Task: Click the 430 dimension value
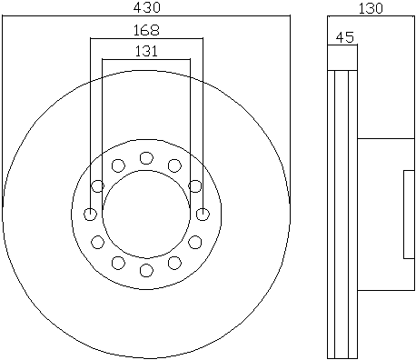pyautogui.click(x=146, y=7)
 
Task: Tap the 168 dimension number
pyautogui.click(x=146, y=30)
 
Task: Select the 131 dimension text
pyautogui.click(x=146, y=51)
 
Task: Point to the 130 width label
pyautogui.click(x=371, y=8)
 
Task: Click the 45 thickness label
pyautogui.click(x=345, y=37)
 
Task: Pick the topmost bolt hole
pyautogui.click(x=146, y=158)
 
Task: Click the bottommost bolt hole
pyautogui.click(x=146, y=270)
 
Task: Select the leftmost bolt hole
pyautogui.click(x=90, y=215)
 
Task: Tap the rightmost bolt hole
pyautogui.click(x=203, y=215)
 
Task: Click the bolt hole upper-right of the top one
pyautogui.click(x=174, y=165)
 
